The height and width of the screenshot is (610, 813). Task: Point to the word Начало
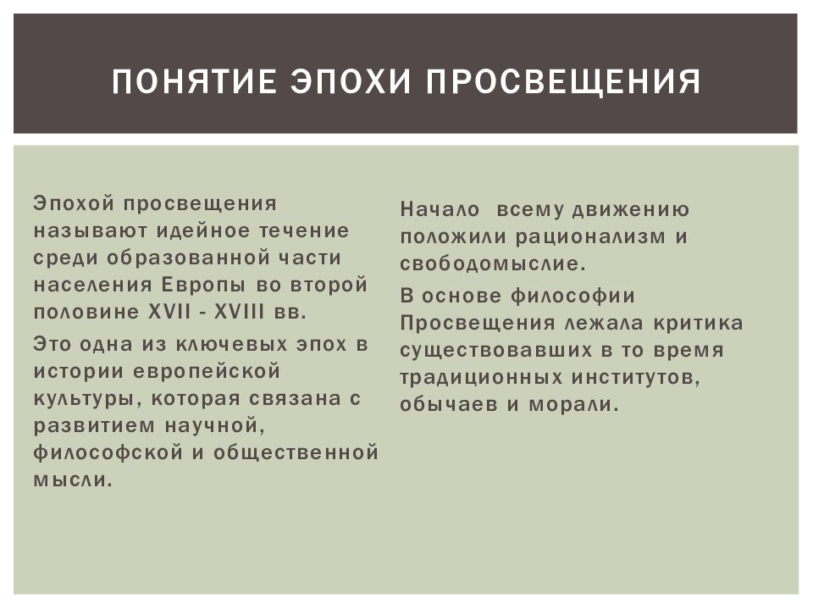click(440, 209)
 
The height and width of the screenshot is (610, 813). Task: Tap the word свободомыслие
click(492, 263)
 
